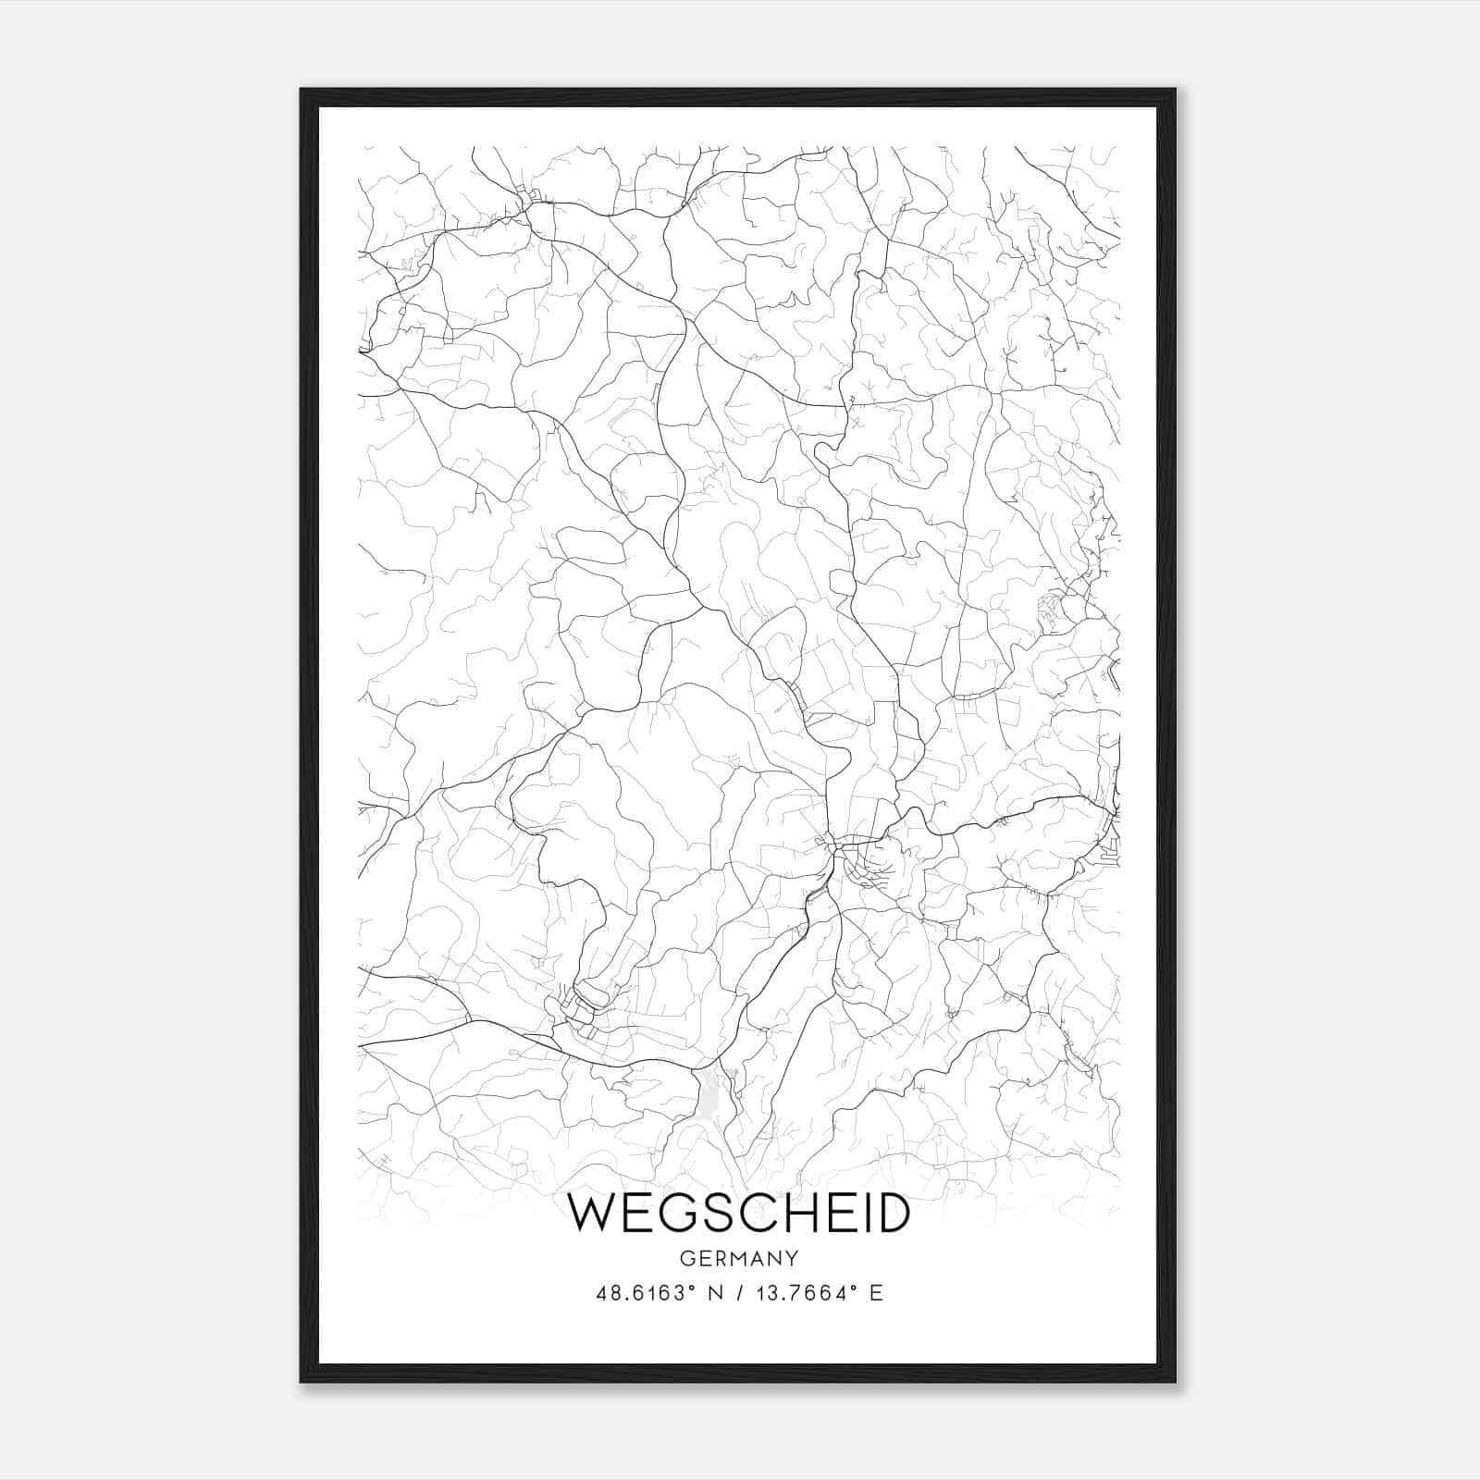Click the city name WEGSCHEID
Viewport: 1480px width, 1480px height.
(x=738, y=1214)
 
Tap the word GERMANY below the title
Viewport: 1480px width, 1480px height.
(x=738, y=1259)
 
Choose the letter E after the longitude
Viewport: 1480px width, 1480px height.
(x=876, y=1293)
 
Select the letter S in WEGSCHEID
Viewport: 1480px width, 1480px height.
(x=716, y=1214)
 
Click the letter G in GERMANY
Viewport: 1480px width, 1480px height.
(x=686, y=1259)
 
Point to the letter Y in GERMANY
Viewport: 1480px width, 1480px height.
(x=791, y=1259)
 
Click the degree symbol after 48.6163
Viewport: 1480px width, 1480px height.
(x=691, y=1287)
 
